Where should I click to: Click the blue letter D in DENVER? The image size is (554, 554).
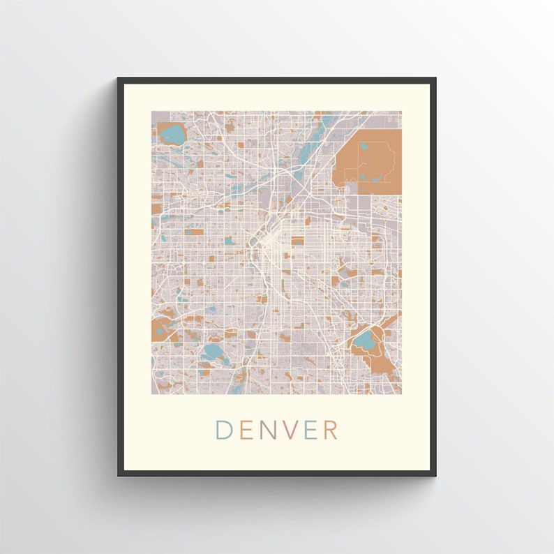coord(223,430)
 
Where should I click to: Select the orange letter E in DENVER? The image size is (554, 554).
coord(245,430)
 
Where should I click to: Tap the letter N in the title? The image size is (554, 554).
coord(267,430)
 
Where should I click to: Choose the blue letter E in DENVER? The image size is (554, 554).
coord(310,430)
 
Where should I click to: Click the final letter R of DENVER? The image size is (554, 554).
coord(331,430)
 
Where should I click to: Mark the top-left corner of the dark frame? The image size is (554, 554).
coord(119,78)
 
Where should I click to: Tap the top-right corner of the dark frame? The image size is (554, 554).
coord(435,78)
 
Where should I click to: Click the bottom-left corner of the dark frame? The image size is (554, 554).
coord(119,475)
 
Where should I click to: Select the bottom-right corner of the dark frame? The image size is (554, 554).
coord(435,475)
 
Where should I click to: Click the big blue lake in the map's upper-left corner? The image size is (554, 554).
coord(170,132)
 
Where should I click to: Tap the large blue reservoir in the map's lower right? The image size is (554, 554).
coord(364,341)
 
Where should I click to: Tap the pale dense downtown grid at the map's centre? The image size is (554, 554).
coord(271,241)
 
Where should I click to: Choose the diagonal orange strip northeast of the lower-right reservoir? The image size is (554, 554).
coord(391,321)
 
